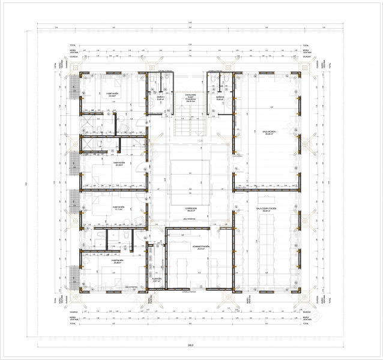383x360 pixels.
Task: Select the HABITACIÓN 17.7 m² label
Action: (116, 208)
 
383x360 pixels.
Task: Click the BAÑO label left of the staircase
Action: (160, 98)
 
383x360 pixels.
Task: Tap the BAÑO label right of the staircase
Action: (220, 98)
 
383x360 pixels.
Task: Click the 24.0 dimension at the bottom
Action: (190, 346)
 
